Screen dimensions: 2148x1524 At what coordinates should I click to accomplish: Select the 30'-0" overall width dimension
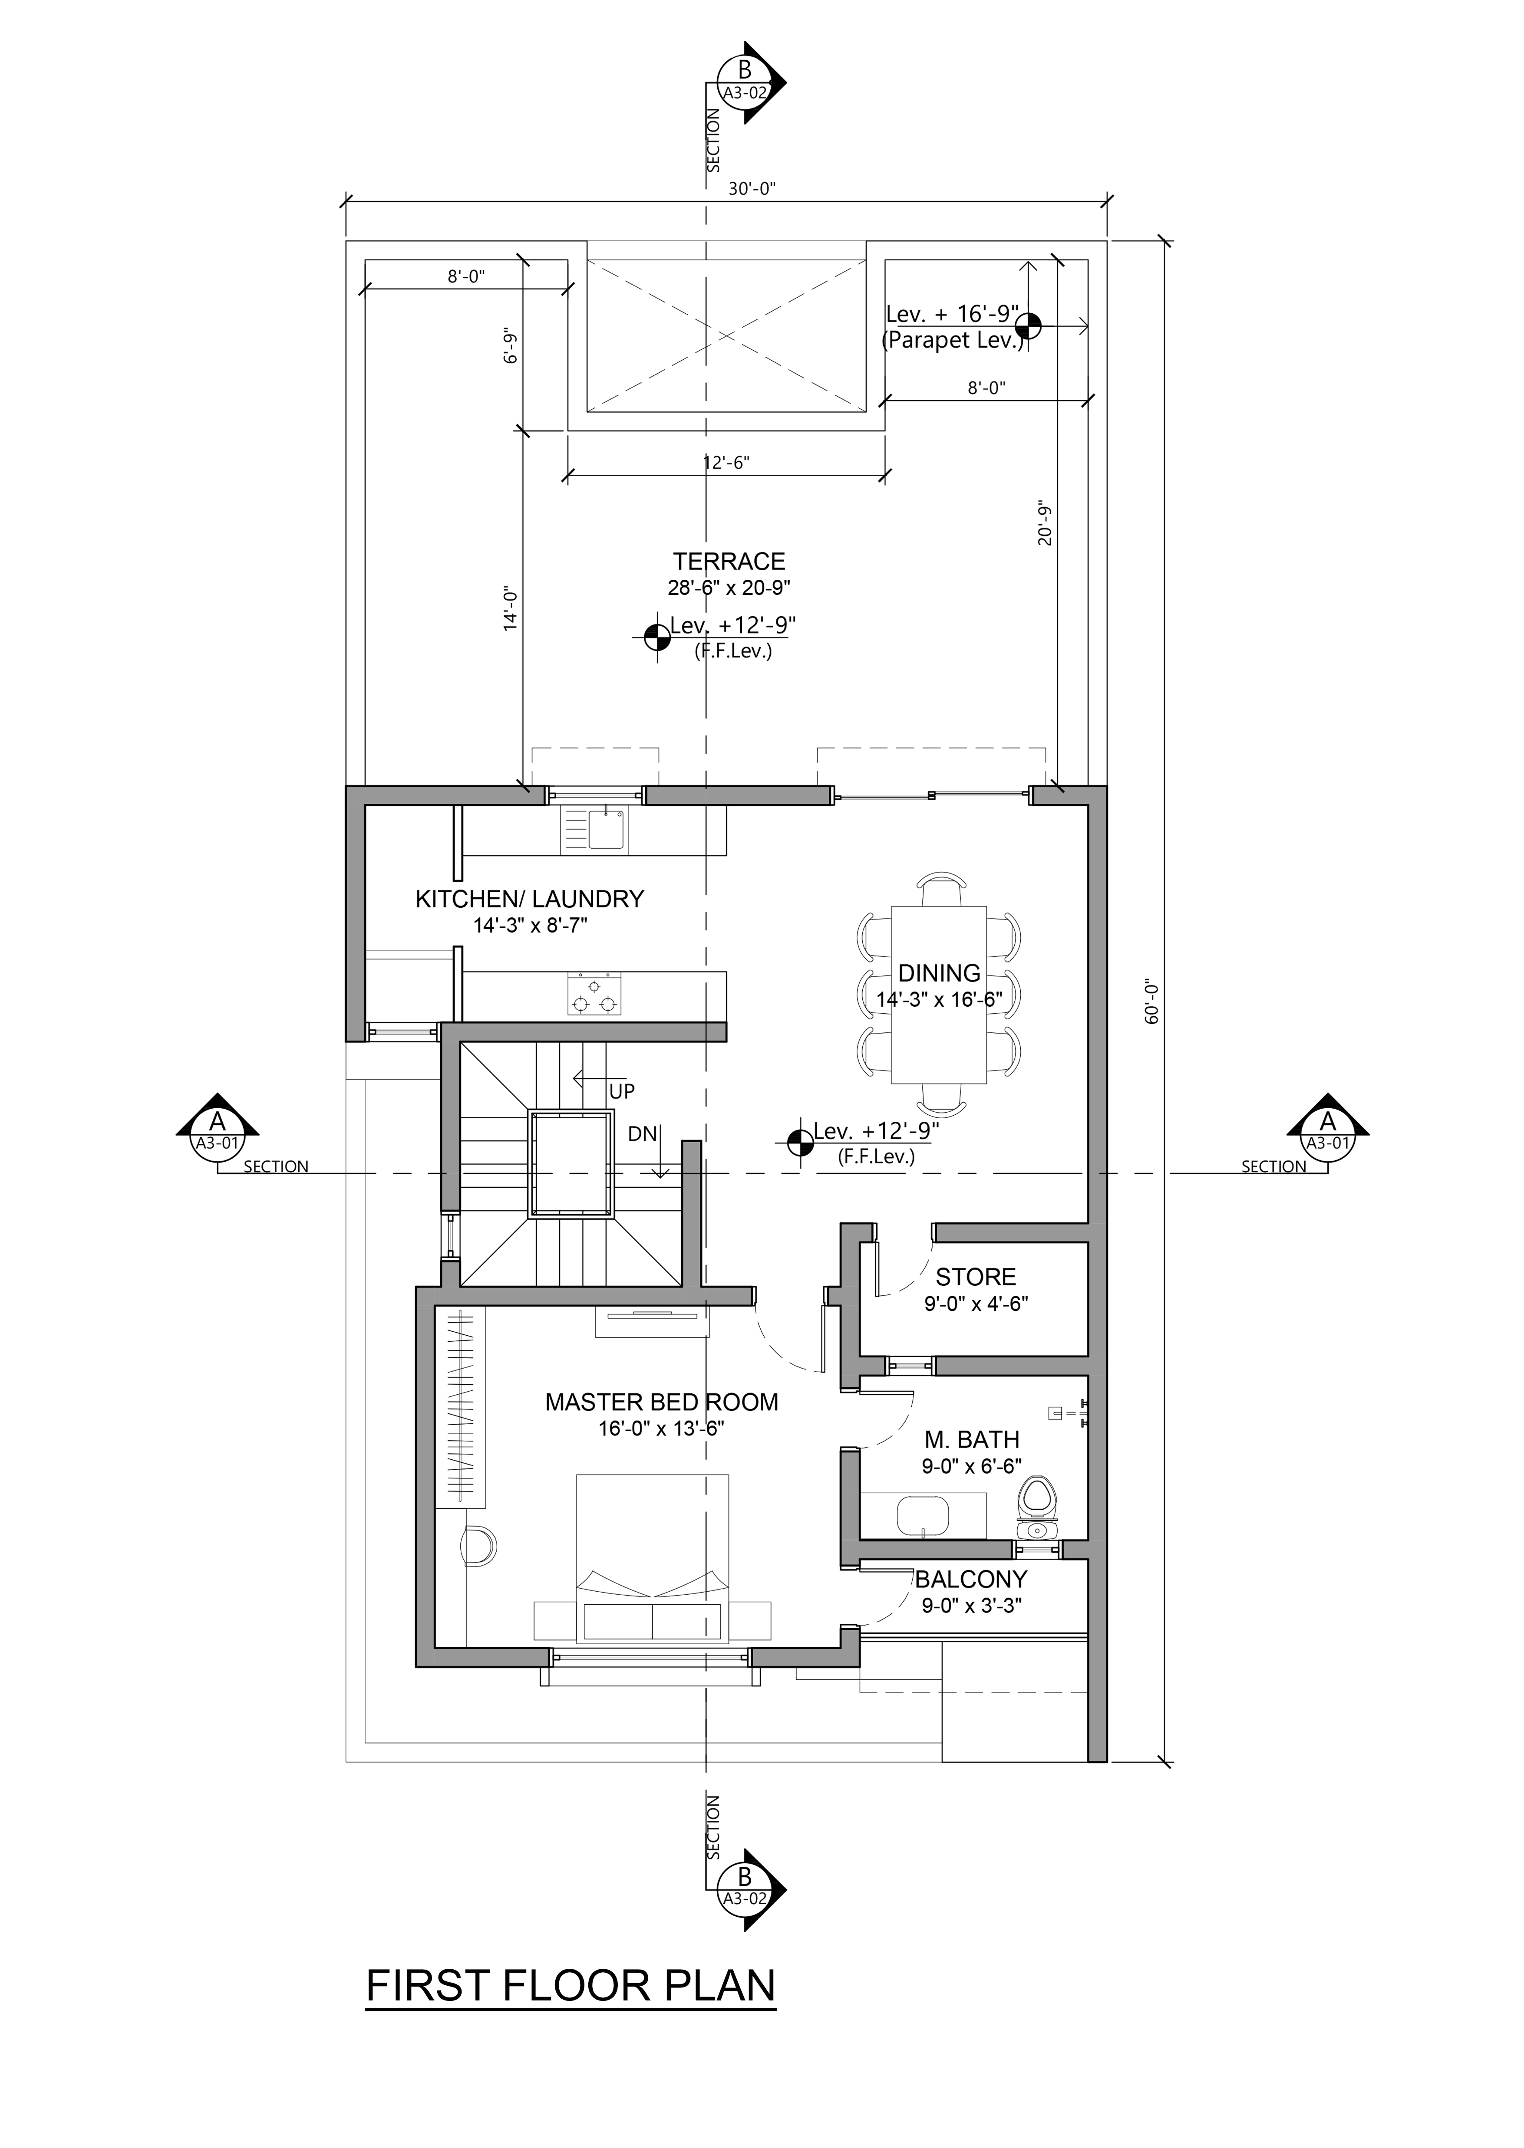tap(752, 188)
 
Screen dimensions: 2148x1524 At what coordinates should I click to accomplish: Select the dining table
tap(938, 994)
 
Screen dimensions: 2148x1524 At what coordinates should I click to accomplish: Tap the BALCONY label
tap(971, 1579)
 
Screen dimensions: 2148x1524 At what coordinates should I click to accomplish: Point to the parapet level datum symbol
tap(1029, 325)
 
